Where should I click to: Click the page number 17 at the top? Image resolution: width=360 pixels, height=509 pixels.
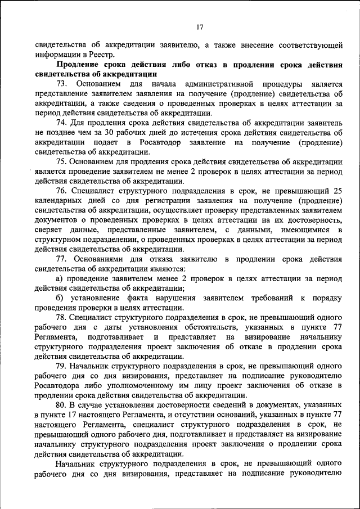click(200, 28)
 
